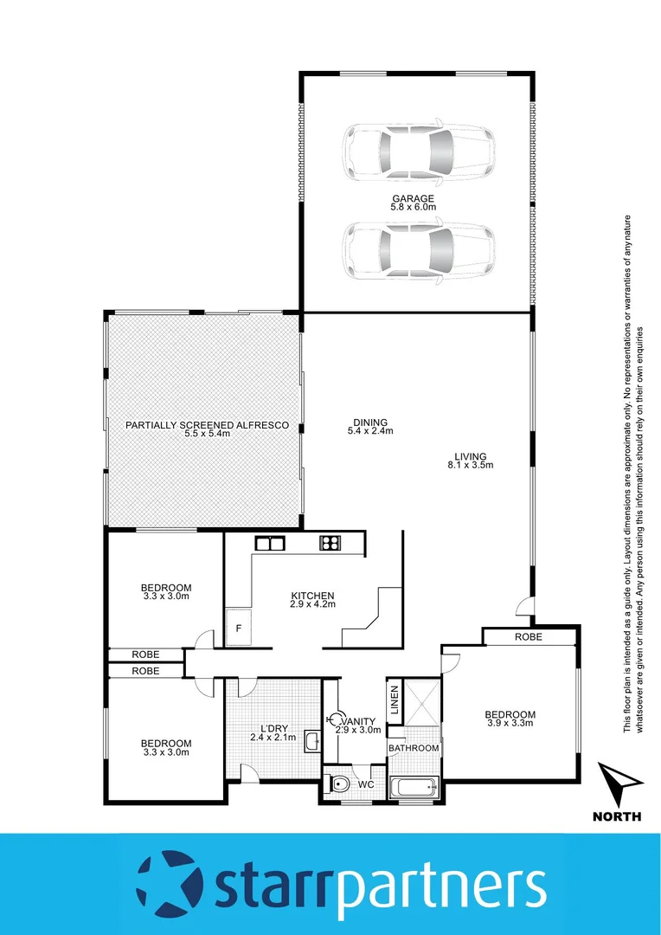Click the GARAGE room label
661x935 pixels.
tap(412, 199)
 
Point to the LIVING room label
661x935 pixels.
tap(472, 456)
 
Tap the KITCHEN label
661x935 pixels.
tap(311, 596)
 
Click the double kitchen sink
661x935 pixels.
tap(271, 544)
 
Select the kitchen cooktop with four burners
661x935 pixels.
tap(330, 544)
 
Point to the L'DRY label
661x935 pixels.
tap(273, 727)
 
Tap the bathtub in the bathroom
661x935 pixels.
tap(414, 789)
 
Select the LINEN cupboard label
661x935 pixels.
tap(394, 700)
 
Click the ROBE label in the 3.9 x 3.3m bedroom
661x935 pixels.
tap(529, 636)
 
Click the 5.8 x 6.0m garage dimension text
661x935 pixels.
tap(412, 209)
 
